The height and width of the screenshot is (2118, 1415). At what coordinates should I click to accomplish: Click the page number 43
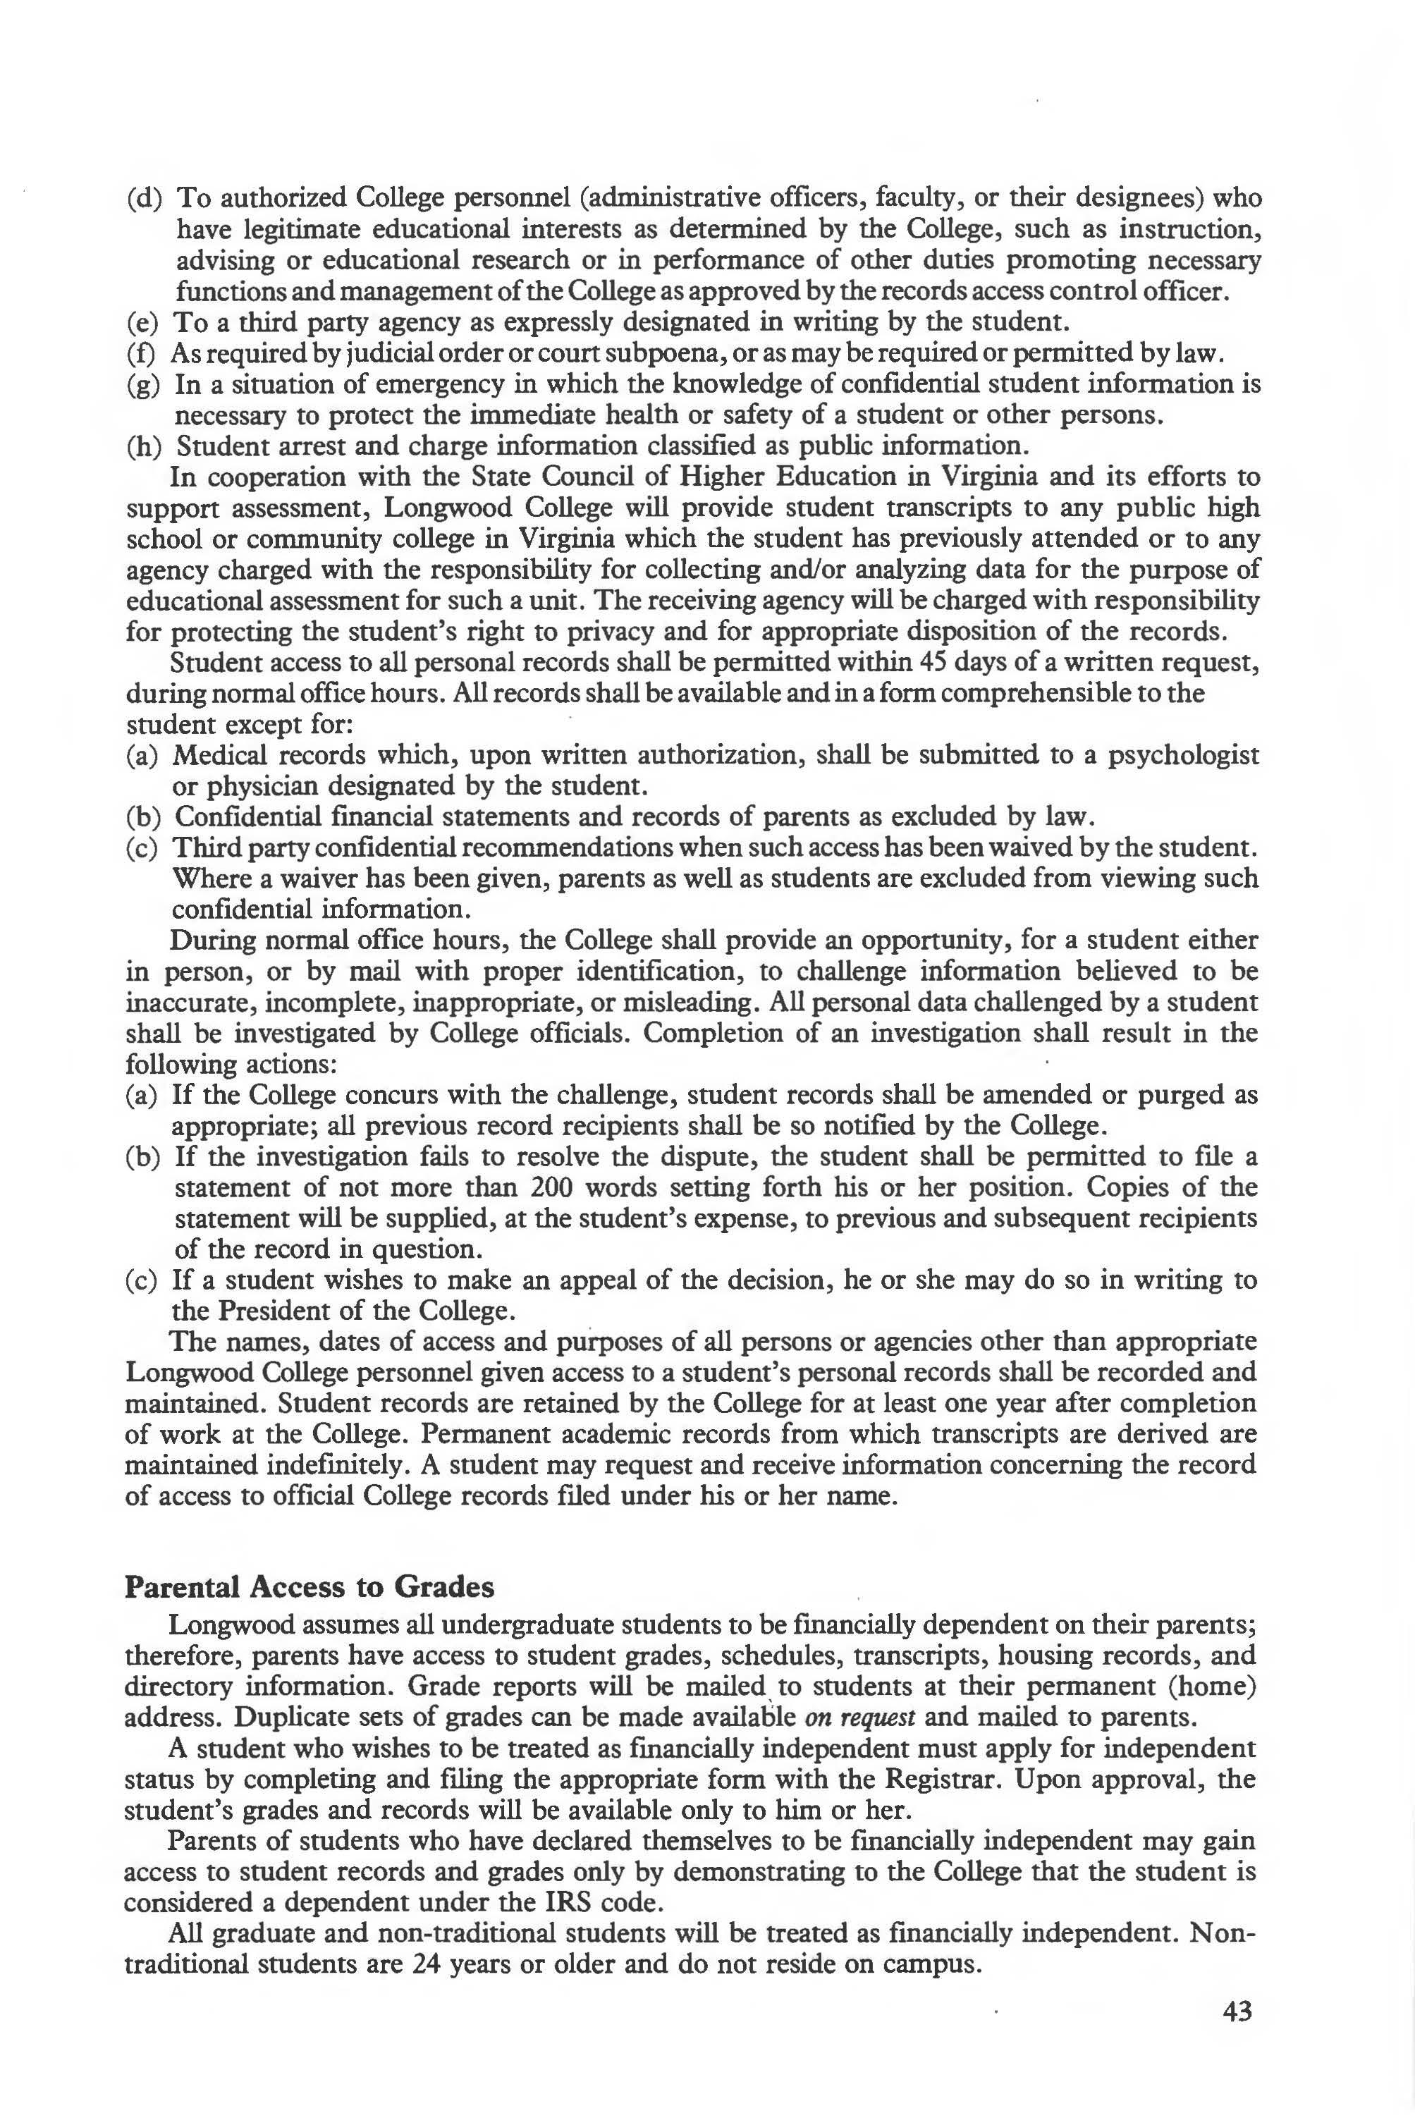pyautogui.click(x=1237, y=2037)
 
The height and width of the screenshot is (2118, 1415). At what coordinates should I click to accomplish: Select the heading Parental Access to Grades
pyautogui.click(x=309, y=1586)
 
